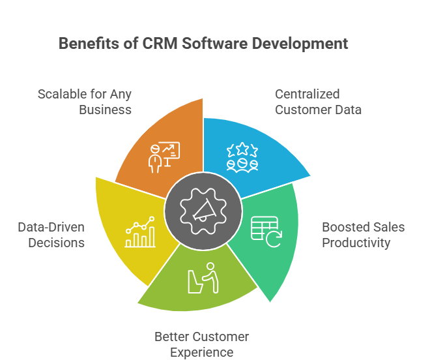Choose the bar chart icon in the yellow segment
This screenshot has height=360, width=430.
(x=140, y=233)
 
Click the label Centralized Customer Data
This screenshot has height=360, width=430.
(x=318, y=102)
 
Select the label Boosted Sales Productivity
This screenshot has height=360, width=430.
(x=363, y=235)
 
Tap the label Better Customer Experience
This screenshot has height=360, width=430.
(x=202, y=344)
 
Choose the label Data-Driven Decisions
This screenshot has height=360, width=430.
(x=51, y=235)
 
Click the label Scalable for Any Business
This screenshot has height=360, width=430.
(x=85, y=102)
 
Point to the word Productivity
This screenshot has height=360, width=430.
(x=356, y=243)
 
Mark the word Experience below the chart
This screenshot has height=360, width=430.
(x=202, y=352)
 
